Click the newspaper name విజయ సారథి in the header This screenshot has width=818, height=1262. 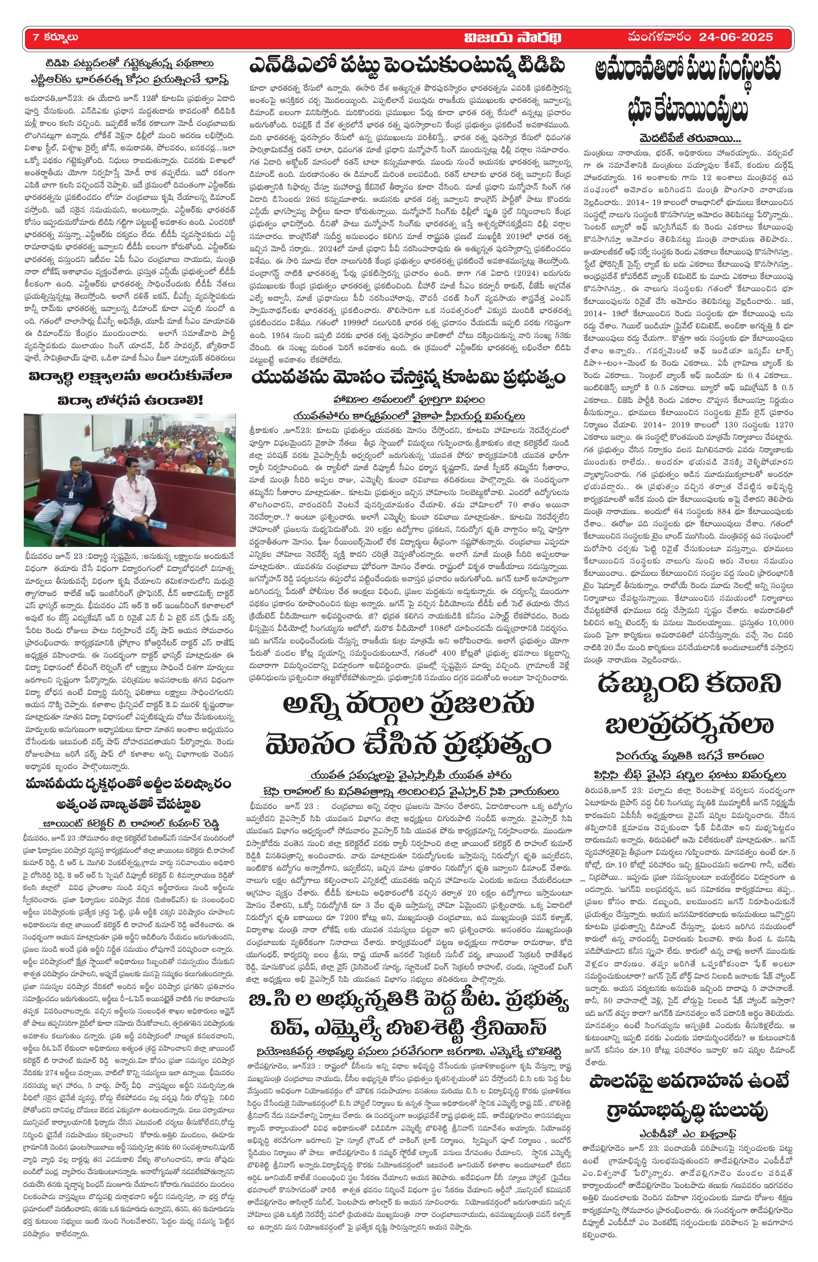coord(509,38)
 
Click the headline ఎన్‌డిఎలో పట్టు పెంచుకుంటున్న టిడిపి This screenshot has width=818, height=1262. coord(408,68)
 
